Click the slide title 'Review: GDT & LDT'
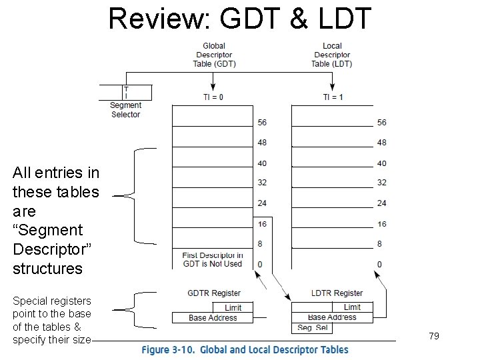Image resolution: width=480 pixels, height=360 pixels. pos(239,19)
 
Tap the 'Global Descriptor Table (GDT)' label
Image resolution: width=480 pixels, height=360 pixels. pos(214,55)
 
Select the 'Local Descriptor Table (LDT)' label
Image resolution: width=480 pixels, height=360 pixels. pos(331,55)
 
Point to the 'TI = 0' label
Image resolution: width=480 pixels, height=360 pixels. pos(213,97)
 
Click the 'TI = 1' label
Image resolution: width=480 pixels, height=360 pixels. pos(333,97)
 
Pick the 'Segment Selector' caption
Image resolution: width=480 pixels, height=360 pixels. pos(125,110)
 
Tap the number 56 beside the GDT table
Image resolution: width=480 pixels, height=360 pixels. pos(261,123)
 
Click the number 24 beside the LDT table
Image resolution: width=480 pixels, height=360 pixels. pos(381,203)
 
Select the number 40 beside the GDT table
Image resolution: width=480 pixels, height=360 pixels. pos(261,163)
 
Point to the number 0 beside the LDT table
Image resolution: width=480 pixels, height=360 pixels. pos(379,265)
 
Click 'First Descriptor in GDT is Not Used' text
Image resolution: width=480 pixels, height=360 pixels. pos(213,259)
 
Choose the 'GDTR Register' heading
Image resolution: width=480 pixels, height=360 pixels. pos(213,293)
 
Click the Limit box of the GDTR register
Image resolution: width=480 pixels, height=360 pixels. pos(233,307)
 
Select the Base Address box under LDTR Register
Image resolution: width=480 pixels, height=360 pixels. pos(332,317)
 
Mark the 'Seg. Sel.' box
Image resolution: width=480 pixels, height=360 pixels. pos(313,328)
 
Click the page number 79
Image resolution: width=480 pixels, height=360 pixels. pos(434,337)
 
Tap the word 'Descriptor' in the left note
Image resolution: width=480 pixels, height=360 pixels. pos(47,249)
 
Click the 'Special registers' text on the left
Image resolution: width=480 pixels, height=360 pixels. pos(52,301)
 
